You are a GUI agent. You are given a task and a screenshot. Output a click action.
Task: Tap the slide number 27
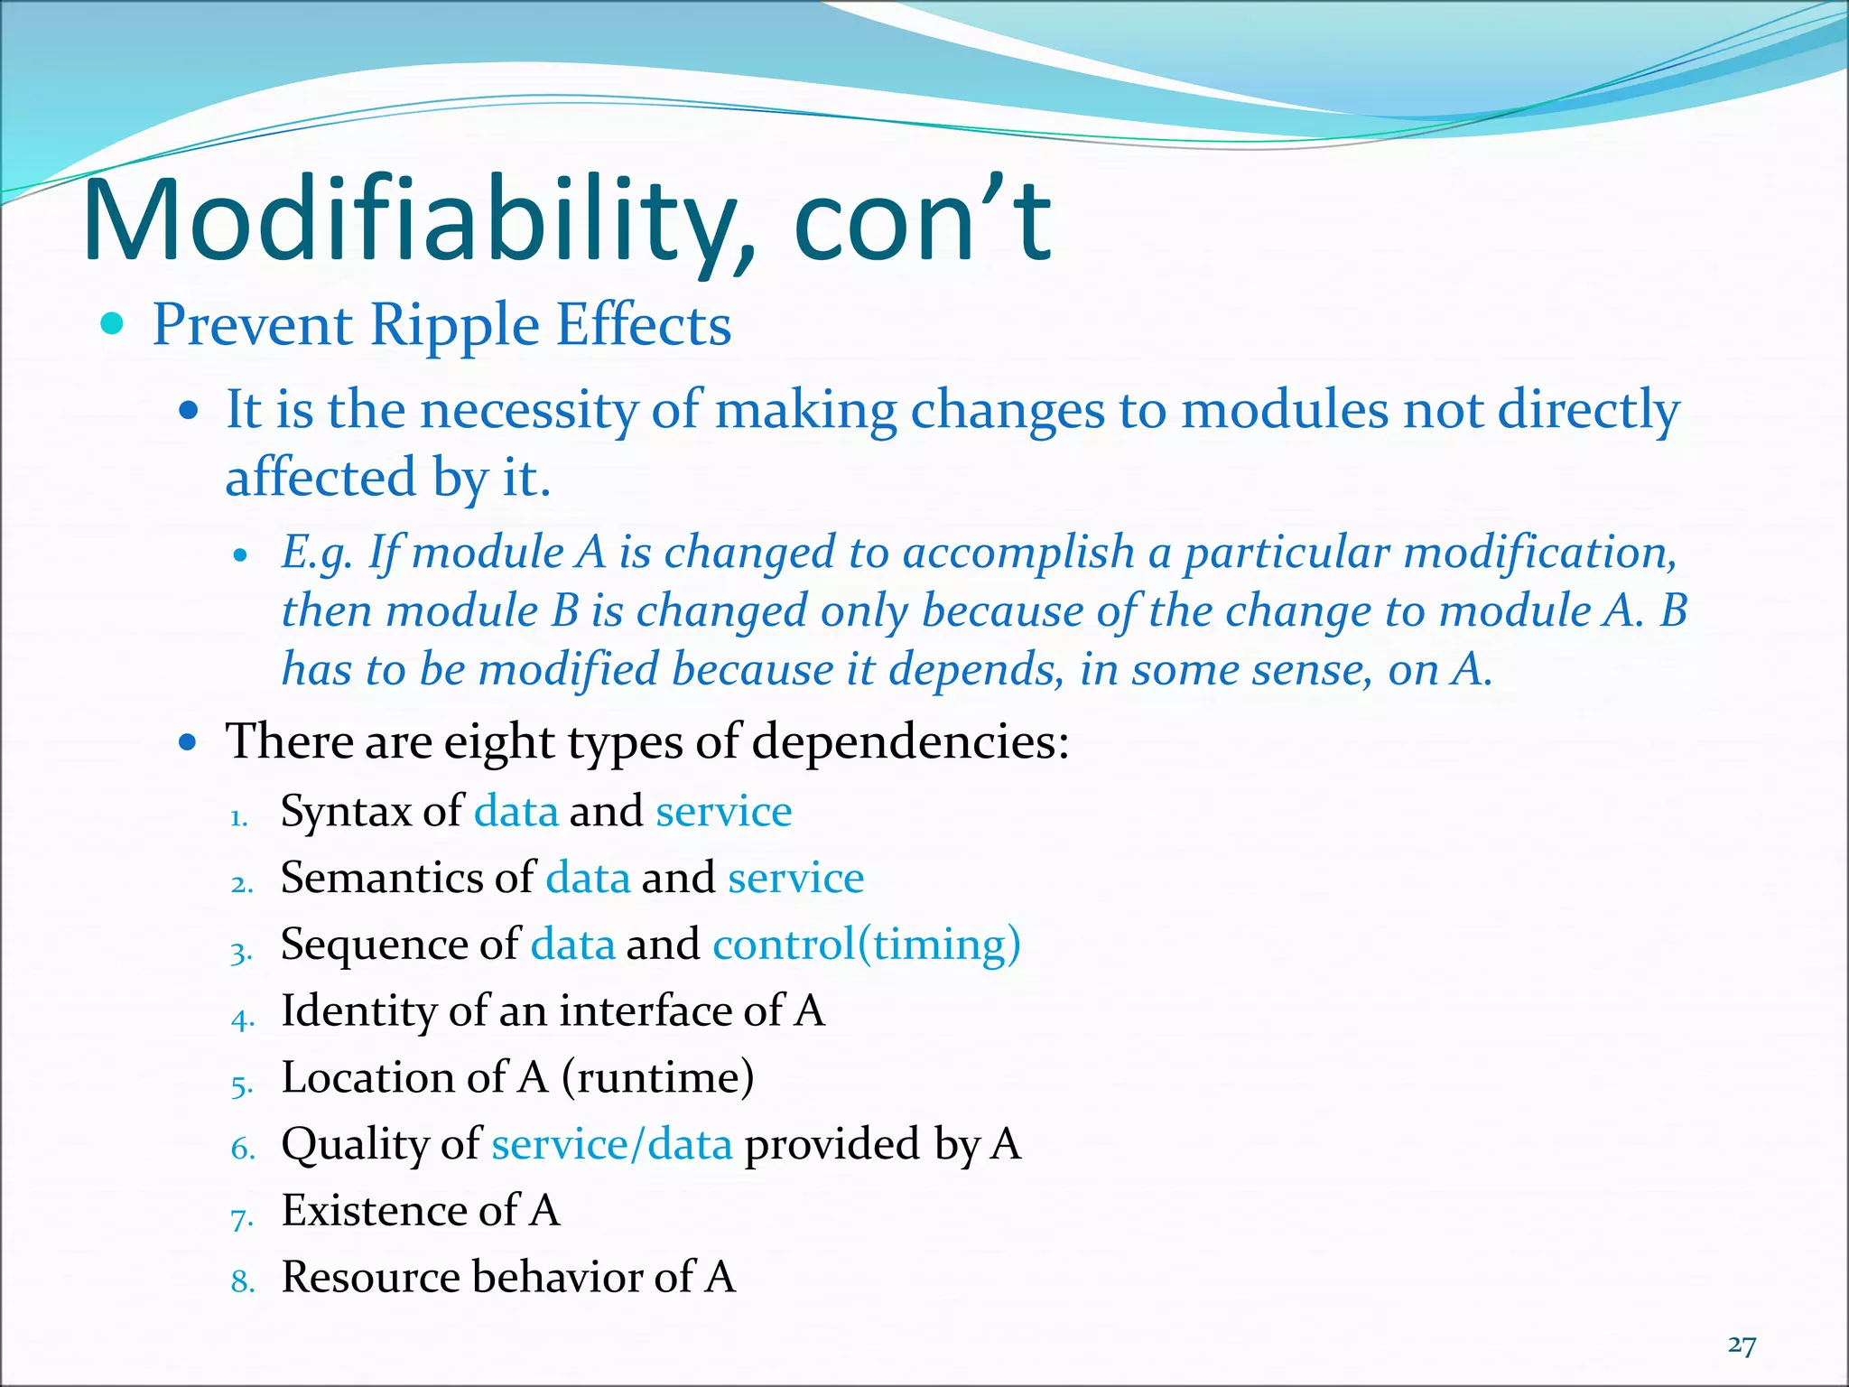tap(1742, 1345)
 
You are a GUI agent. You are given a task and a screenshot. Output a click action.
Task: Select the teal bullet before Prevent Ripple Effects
tap(112, 323)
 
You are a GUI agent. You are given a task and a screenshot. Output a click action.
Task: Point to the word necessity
tap(528, 411)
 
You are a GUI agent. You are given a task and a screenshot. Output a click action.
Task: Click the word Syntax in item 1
tap(346, 812)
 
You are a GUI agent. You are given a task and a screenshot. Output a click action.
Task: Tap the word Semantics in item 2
tap(382, 878)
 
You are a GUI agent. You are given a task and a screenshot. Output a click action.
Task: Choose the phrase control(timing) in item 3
tap(867, 945)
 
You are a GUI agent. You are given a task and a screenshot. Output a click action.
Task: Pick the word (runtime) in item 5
tap(657, 1077)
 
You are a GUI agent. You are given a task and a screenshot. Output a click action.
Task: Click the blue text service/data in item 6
tap(611, 1144)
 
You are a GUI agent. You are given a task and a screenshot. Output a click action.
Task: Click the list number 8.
tap(242, 1281)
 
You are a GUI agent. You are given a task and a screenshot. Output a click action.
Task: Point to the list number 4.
tap(242, 1019)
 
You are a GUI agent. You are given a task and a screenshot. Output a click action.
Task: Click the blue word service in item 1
tap(723, 812)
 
